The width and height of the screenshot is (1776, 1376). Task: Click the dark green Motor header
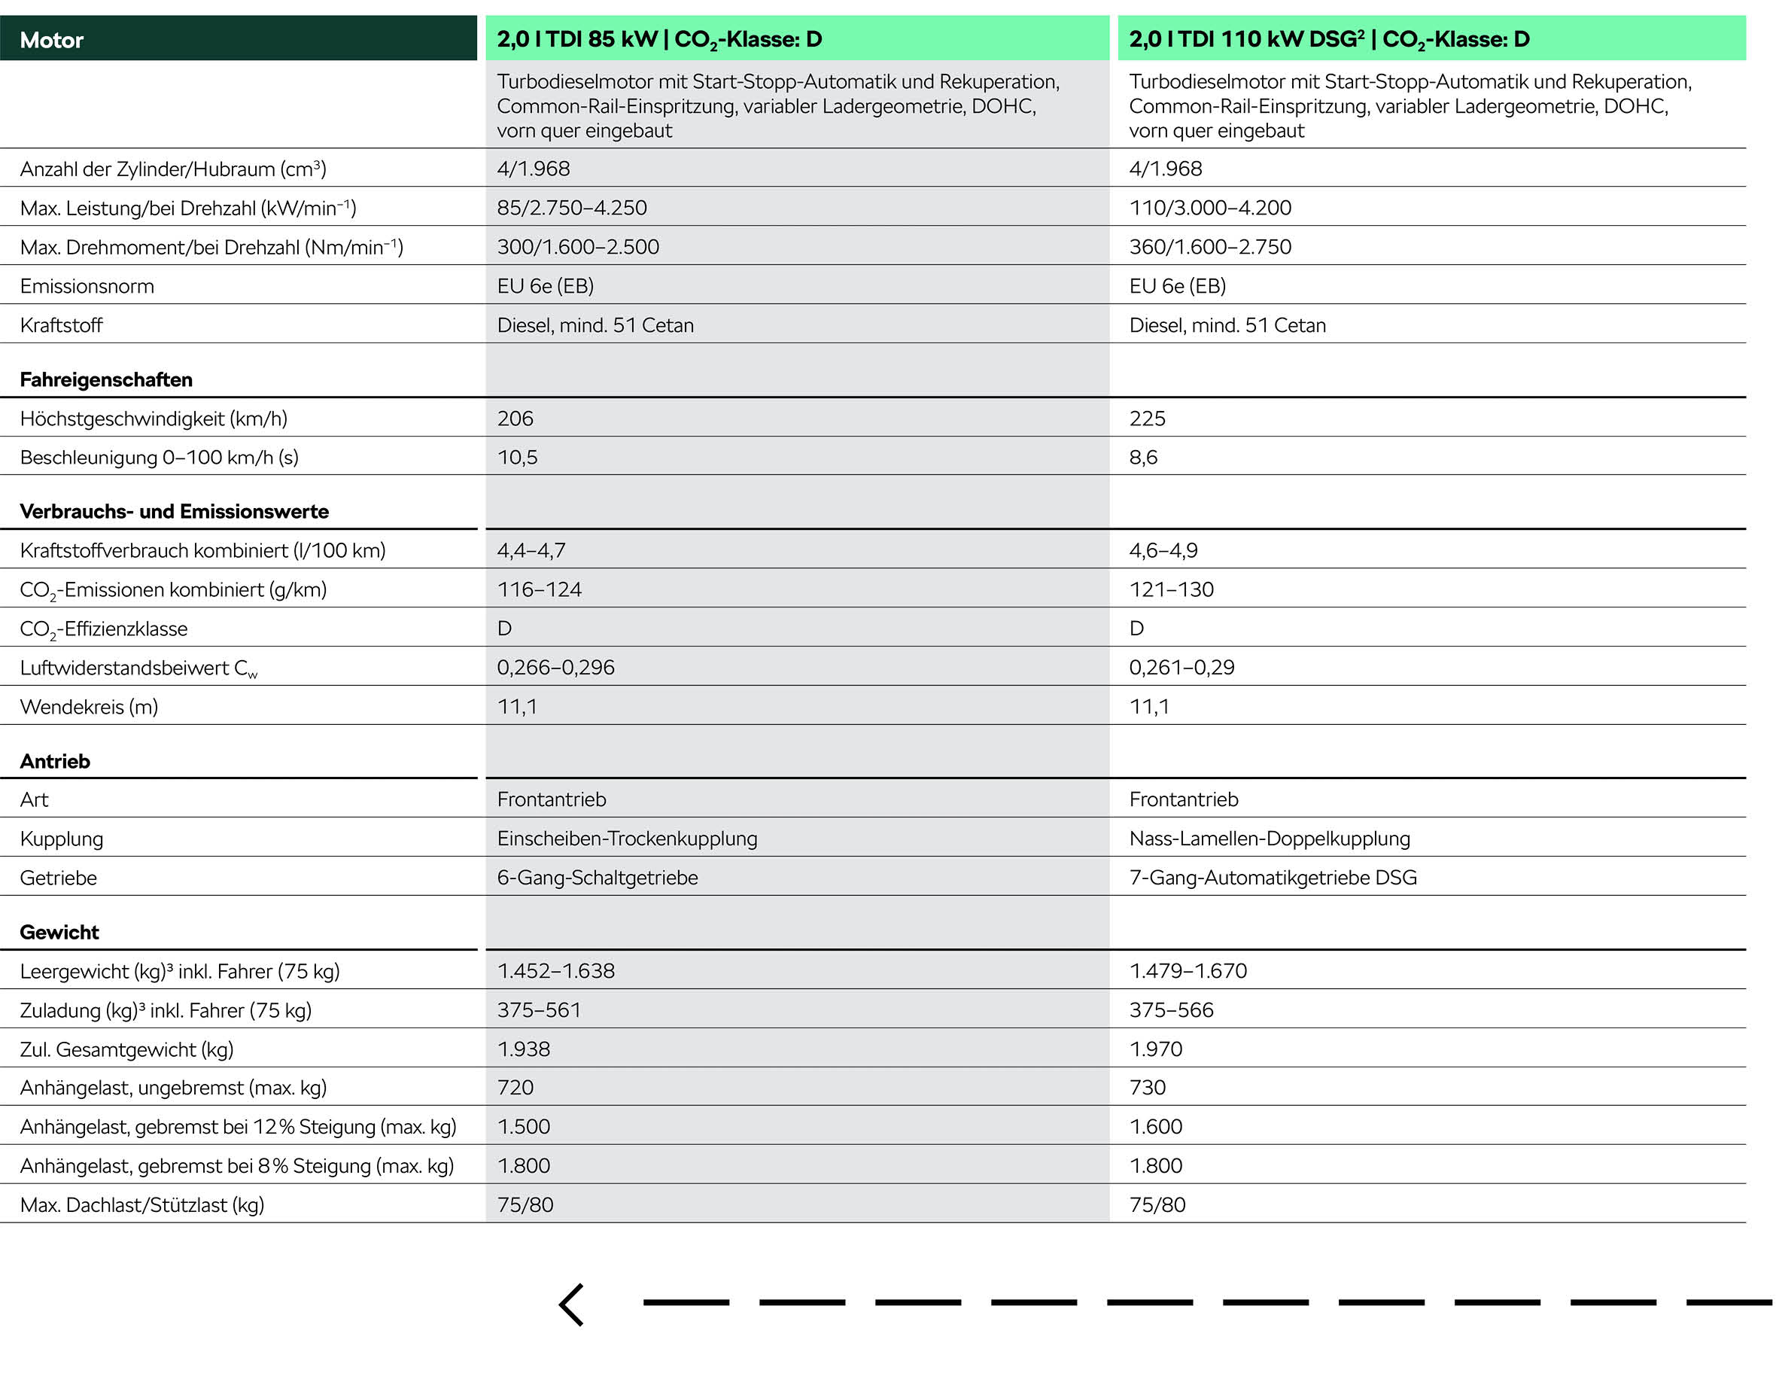pyautogui.click(x=238, y=39)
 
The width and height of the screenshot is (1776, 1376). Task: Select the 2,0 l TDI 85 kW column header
pyautogui.click(x=658, y=39)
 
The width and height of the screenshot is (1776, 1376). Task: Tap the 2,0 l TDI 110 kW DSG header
pyautogui.click(x=1329, y=39)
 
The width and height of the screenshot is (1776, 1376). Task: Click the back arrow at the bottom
pyautogui.click(x=572, y=1304)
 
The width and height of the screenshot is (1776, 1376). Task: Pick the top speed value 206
pyautogui.click(x=515, y=418)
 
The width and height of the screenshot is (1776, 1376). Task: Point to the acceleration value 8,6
pyautogui.click(x=1142, y=457)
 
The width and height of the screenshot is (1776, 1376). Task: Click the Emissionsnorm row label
pyautogui.click(x=87, y=286)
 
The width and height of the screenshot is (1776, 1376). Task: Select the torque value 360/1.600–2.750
pyautogui.click(x=1209, y=246)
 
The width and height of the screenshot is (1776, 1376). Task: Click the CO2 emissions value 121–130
pyautogui.click(x=1170, y=589)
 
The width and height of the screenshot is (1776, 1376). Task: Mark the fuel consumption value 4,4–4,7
pyautogui.click(x=531, y=550)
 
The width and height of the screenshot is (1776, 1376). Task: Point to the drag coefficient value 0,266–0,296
pyautogui.click(x=555, y=667)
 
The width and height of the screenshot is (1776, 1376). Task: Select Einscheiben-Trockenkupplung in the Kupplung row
pyautogui.click(x=627, y=839)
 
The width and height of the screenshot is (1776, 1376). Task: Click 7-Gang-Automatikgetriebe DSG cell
pyautogui.click(x=1272, y=878)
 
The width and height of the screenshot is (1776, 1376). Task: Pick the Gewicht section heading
pyautogui.click(x=59, y=932)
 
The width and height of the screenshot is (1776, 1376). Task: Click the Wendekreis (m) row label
pyautogui.click(x=89, y=707)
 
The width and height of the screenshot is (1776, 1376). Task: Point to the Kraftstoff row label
pyautogui.click(x=61, y=325)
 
